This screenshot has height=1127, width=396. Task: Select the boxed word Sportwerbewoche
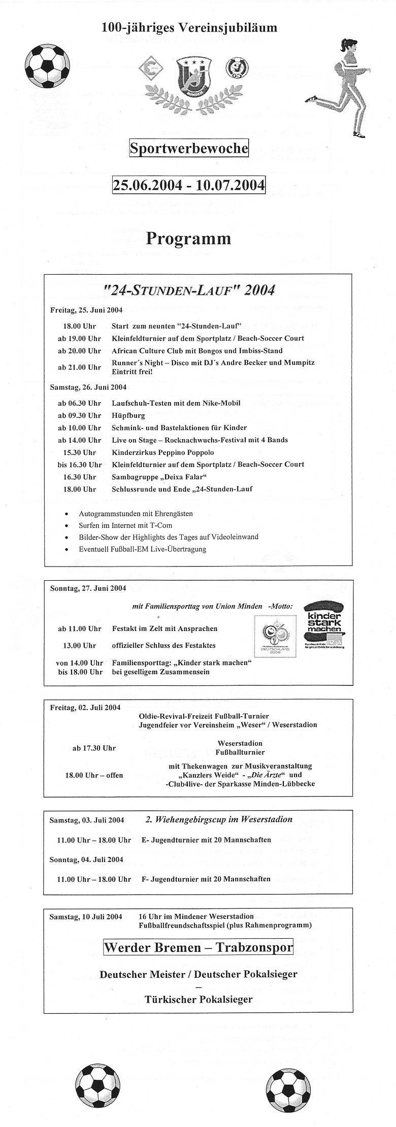(x=189, y=149)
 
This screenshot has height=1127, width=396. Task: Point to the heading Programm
(x=189, y=238)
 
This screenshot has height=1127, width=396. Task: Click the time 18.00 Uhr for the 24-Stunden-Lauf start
(x=79, y=326)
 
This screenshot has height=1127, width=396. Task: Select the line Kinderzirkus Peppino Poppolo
(x=162, y=452)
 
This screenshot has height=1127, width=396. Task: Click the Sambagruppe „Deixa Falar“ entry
(x=159, y=477)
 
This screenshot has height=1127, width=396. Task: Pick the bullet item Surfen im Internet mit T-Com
(x=125, y=525)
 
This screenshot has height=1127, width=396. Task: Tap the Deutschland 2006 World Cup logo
(x=274, y=637)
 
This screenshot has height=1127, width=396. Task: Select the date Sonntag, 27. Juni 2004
(x=88, y=588)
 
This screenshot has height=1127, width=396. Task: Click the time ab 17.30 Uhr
(x=94, y=748)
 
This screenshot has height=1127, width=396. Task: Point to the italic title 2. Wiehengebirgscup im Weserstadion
(x=219, y=819)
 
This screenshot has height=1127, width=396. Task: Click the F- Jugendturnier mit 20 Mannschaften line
(x=206, y=879)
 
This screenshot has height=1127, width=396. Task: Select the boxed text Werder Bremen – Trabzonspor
(x=199, y=947)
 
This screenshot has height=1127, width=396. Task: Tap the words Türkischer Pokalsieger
(x=199, y=1000)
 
